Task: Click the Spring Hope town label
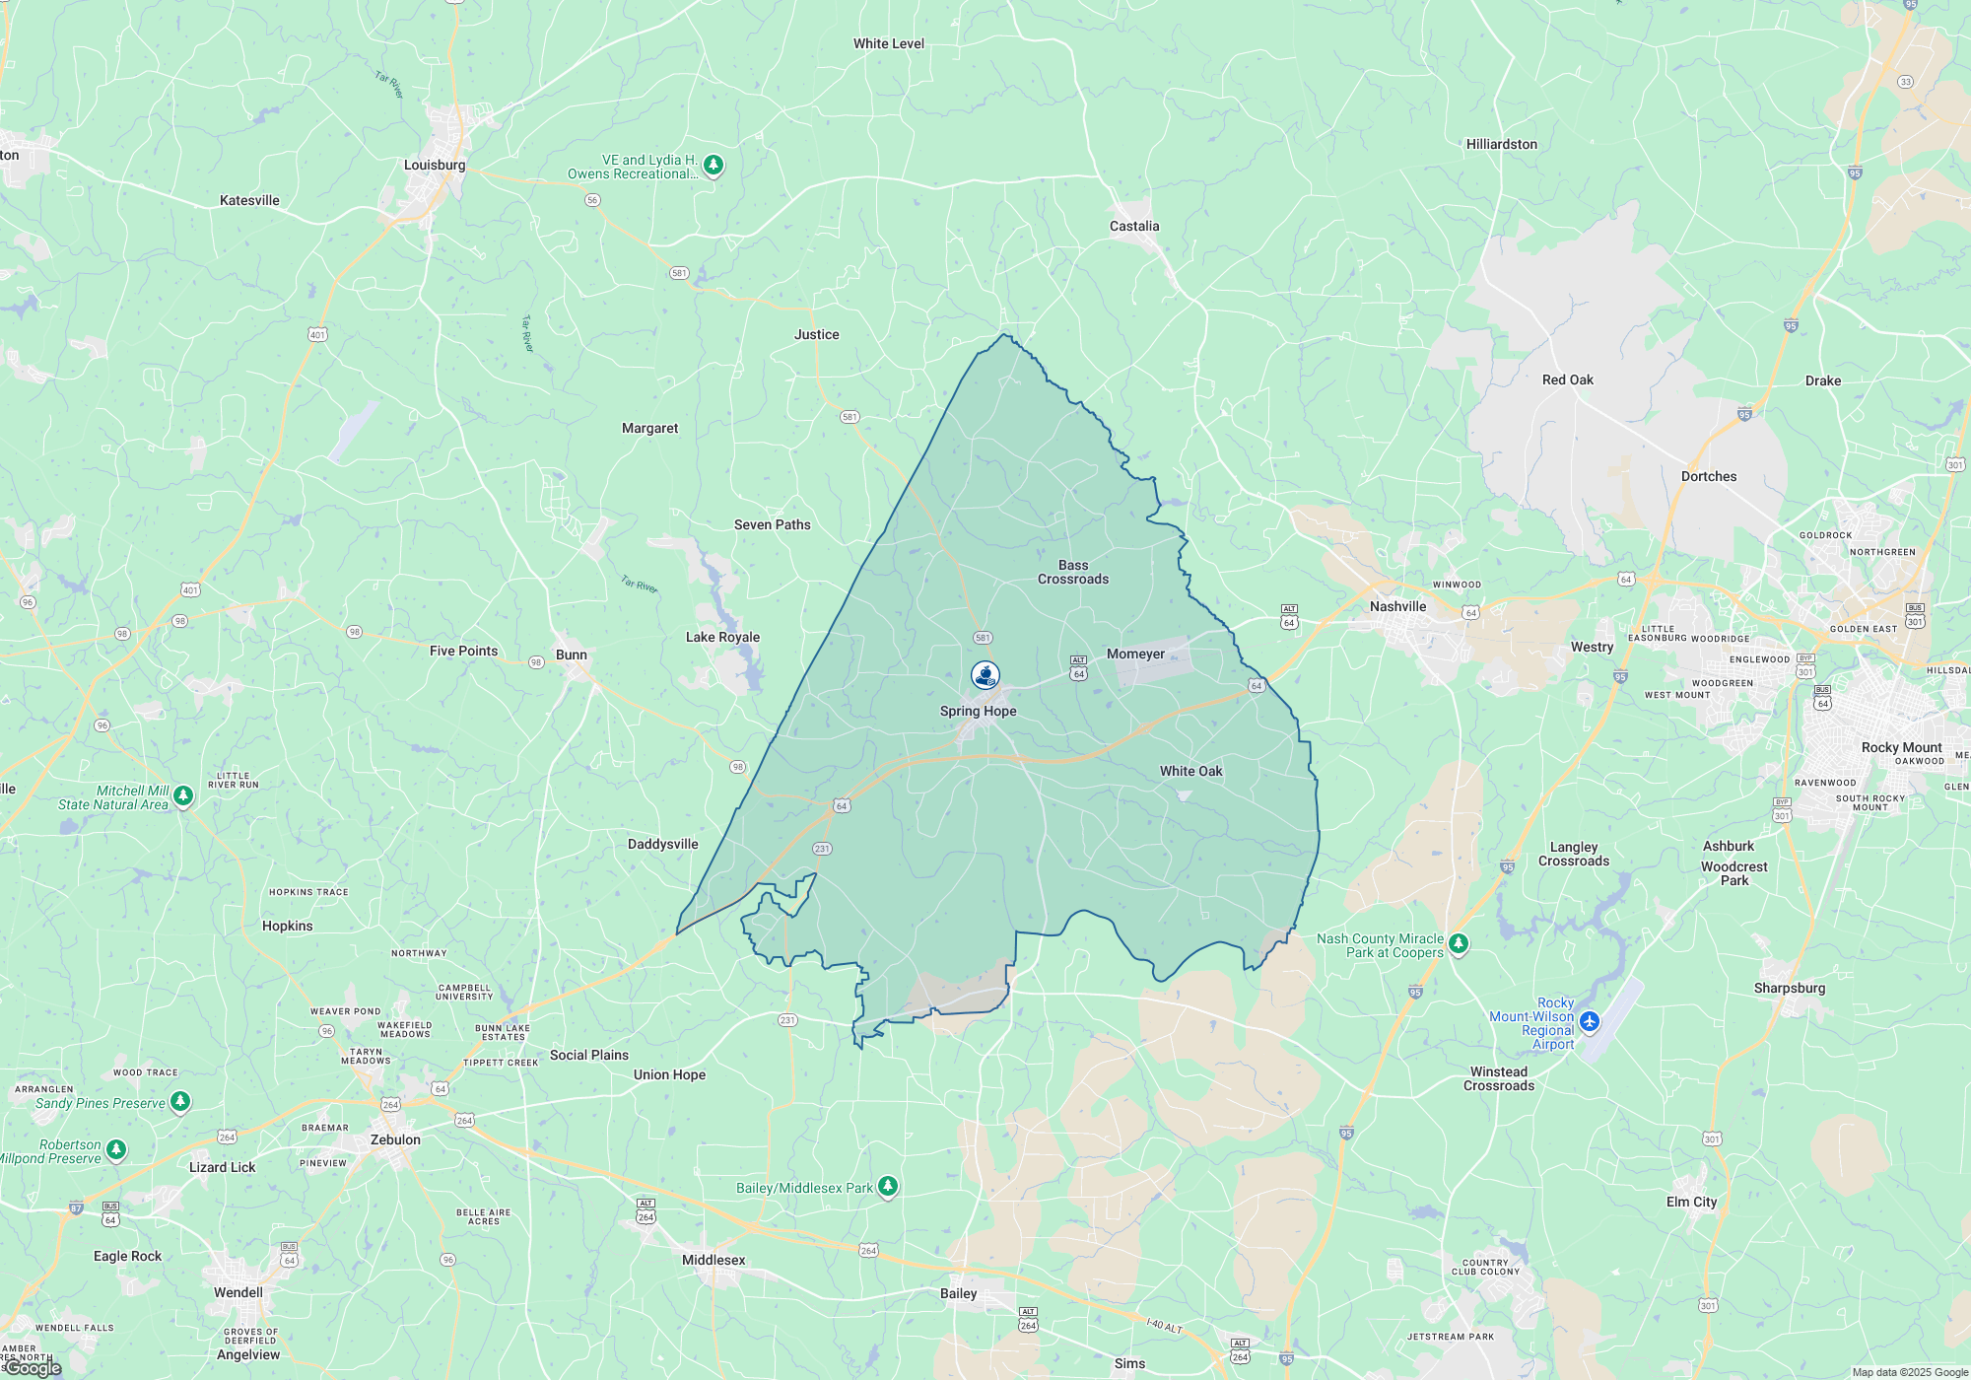978,712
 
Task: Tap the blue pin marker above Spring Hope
985,675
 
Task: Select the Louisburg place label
435,166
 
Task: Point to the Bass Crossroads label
1073,573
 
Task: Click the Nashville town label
1397,607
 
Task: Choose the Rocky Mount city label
1901,748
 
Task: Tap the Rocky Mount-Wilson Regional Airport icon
1589,1021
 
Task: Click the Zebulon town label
395,1140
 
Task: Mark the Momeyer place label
1135,655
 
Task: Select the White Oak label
1190,772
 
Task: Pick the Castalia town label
1134,227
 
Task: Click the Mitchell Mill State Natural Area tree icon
183,795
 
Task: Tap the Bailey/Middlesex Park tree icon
888,1186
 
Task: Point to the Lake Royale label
722,638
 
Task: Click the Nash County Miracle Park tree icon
1459,944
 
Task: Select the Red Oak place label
1567,380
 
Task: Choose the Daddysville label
662,845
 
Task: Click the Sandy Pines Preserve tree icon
180,1101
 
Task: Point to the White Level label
889,44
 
